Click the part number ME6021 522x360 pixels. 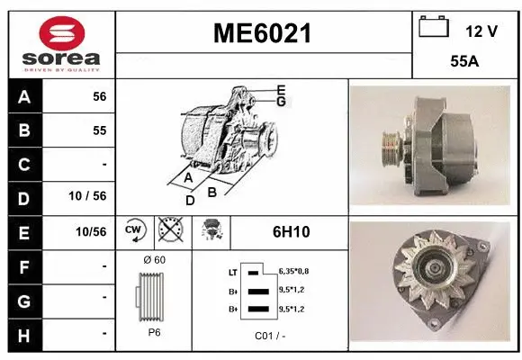pos(262,34)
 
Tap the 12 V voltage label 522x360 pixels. pos(481,31)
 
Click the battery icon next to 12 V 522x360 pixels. pos(434,28)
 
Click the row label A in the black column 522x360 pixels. pos(23,96)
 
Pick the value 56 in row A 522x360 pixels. pos(99,96)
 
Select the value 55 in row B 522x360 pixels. pos(99,130)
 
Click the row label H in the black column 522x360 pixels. pos(23,333)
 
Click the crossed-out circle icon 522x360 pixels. pos(168,231)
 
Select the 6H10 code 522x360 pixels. pos(291,231)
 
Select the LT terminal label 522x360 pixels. pos(232,270)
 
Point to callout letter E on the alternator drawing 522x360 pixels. pos(281,90)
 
